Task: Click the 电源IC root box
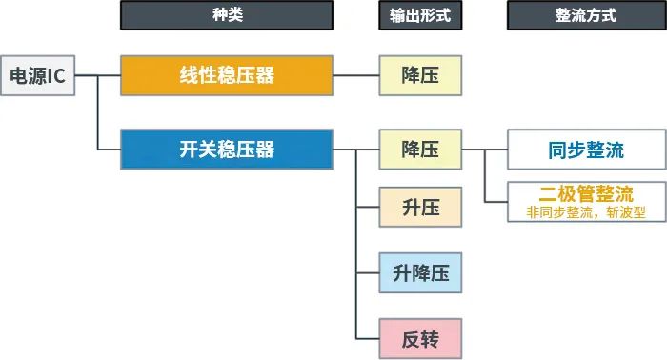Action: pos(37,75)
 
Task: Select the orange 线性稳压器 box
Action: pos(227,75)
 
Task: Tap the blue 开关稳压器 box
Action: pos(227,150)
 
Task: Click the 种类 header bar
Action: pos(227,15)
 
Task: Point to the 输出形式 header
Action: pos(419,15)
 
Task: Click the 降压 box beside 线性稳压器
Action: pos(420,75)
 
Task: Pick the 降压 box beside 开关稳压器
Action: pos(420,150)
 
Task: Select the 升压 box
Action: pos(420,208)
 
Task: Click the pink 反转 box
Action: pos(420,338)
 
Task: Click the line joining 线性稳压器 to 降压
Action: pos(355,75)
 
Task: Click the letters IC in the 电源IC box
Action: pos(55,75)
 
